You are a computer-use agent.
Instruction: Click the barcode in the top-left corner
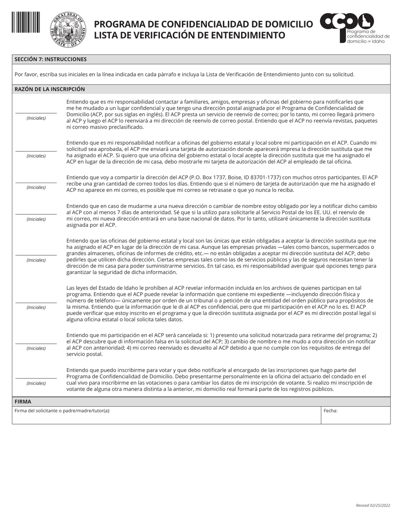pyautogui.click(x=26, y=22)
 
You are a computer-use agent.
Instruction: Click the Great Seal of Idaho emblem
pyautogui.click(x=68, y=30)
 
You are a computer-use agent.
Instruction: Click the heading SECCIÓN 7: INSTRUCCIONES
pyautogui.click(x=50, y=60)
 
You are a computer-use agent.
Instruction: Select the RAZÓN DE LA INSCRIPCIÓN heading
pyautogui.click(x=50, y=89)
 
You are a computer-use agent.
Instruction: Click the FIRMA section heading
pyautogui.click(x=23, y=402)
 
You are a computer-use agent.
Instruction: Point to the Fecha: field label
pyautogui.click(x=330, y=411)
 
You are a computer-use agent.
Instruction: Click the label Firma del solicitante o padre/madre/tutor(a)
pyautogui.click(x=62, y=411)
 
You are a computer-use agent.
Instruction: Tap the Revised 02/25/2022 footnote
pyautogui.click(x=373, y=505)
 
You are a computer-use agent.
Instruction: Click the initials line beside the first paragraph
pyautogui.click(x=36, y=113)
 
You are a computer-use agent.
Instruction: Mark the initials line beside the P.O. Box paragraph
pyautogui.click(x=36, y=182)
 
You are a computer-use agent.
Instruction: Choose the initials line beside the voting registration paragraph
pyautogui.click(x=36, y=378)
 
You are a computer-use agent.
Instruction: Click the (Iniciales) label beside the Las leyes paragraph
pyautogui.click(x=36, y=307)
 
